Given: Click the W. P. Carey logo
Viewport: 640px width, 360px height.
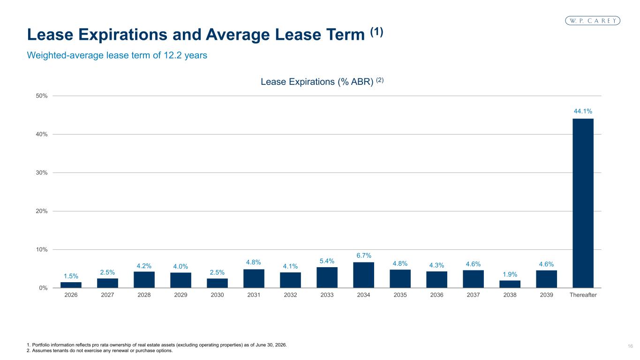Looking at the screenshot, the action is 593,21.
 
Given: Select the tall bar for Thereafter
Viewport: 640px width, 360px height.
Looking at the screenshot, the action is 583,203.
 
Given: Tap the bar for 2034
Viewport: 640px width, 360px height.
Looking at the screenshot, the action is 363,275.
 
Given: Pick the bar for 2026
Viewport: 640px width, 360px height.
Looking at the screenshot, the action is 71,285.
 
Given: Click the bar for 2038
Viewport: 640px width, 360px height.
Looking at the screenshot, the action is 510,284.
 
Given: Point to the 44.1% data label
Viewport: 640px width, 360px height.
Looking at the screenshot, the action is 583,111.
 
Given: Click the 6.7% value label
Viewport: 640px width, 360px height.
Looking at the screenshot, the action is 364,255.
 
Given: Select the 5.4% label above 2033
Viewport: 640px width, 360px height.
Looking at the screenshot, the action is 327,261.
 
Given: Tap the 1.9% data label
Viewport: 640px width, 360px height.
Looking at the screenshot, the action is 510,274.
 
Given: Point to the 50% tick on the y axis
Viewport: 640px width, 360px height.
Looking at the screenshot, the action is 42,96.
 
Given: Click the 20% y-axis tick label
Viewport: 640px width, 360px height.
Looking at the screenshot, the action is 42,211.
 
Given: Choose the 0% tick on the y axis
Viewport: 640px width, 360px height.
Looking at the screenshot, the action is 43,288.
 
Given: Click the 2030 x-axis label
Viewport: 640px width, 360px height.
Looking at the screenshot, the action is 217,295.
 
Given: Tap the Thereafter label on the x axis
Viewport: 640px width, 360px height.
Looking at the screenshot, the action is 583,295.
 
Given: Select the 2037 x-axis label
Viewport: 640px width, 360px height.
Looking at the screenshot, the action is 473,295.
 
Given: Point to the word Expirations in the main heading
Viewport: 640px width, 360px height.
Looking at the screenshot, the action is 123,35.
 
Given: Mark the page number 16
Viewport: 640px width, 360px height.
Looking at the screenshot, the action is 630,346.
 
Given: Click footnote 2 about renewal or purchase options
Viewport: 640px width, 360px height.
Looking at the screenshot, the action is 100,351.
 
